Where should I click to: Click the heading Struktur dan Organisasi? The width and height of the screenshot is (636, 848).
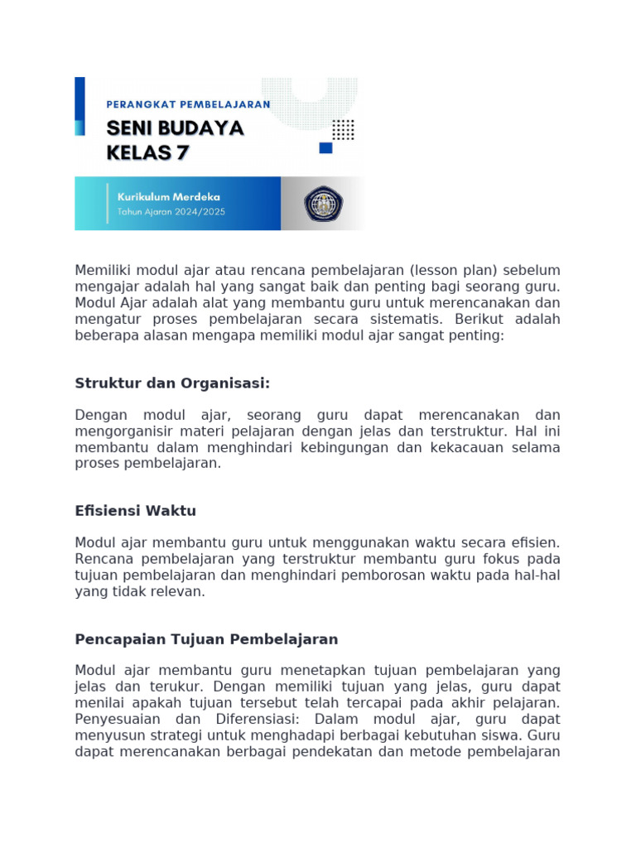pyautogui.click(x=173, y=383)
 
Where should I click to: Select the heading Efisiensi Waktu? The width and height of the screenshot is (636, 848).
pyautogui.click(x=136, y=511)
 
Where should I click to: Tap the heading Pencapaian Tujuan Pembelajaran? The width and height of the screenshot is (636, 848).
pyautogui.click(x=206, y=639)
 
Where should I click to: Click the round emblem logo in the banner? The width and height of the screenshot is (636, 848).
pyautogui.click(x=320, y=204)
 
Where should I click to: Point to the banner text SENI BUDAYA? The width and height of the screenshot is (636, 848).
pyautogui.click(x=175, y=128)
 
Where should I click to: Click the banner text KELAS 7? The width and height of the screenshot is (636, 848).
pyautogui.click(x=148, y=152)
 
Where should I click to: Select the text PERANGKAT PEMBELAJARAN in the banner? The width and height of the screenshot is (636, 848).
pyautogui.click(x=189, y=104)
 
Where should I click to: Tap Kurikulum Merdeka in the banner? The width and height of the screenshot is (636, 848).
pyautogui.click(x=169, y=197)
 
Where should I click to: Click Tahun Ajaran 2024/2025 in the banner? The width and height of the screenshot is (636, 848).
pyautogui.click(x=171, y=211)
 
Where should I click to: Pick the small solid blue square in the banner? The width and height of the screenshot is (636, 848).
pyautogui.click(x=325, y=148)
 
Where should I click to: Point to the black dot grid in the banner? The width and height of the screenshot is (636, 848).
pyautogui.click(x=343, y=130)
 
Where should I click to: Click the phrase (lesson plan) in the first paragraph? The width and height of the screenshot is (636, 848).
pyautogui.click(x=397, y=271)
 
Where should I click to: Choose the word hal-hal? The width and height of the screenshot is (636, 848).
pyautogui.click(x=539, y=576)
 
